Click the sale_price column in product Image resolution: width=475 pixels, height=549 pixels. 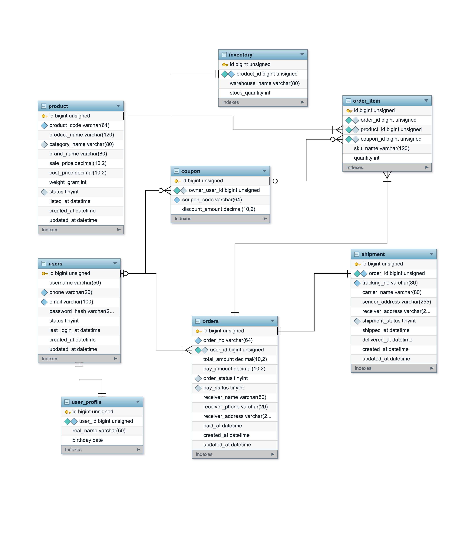(x=78, y=163)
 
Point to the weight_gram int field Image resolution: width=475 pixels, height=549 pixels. (x=68, y=182)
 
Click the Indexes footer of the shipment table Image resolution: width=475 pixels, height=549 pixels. (x=394, y=368)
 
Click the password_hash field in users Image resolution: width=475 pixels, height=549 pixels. (x=81, y=311)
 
